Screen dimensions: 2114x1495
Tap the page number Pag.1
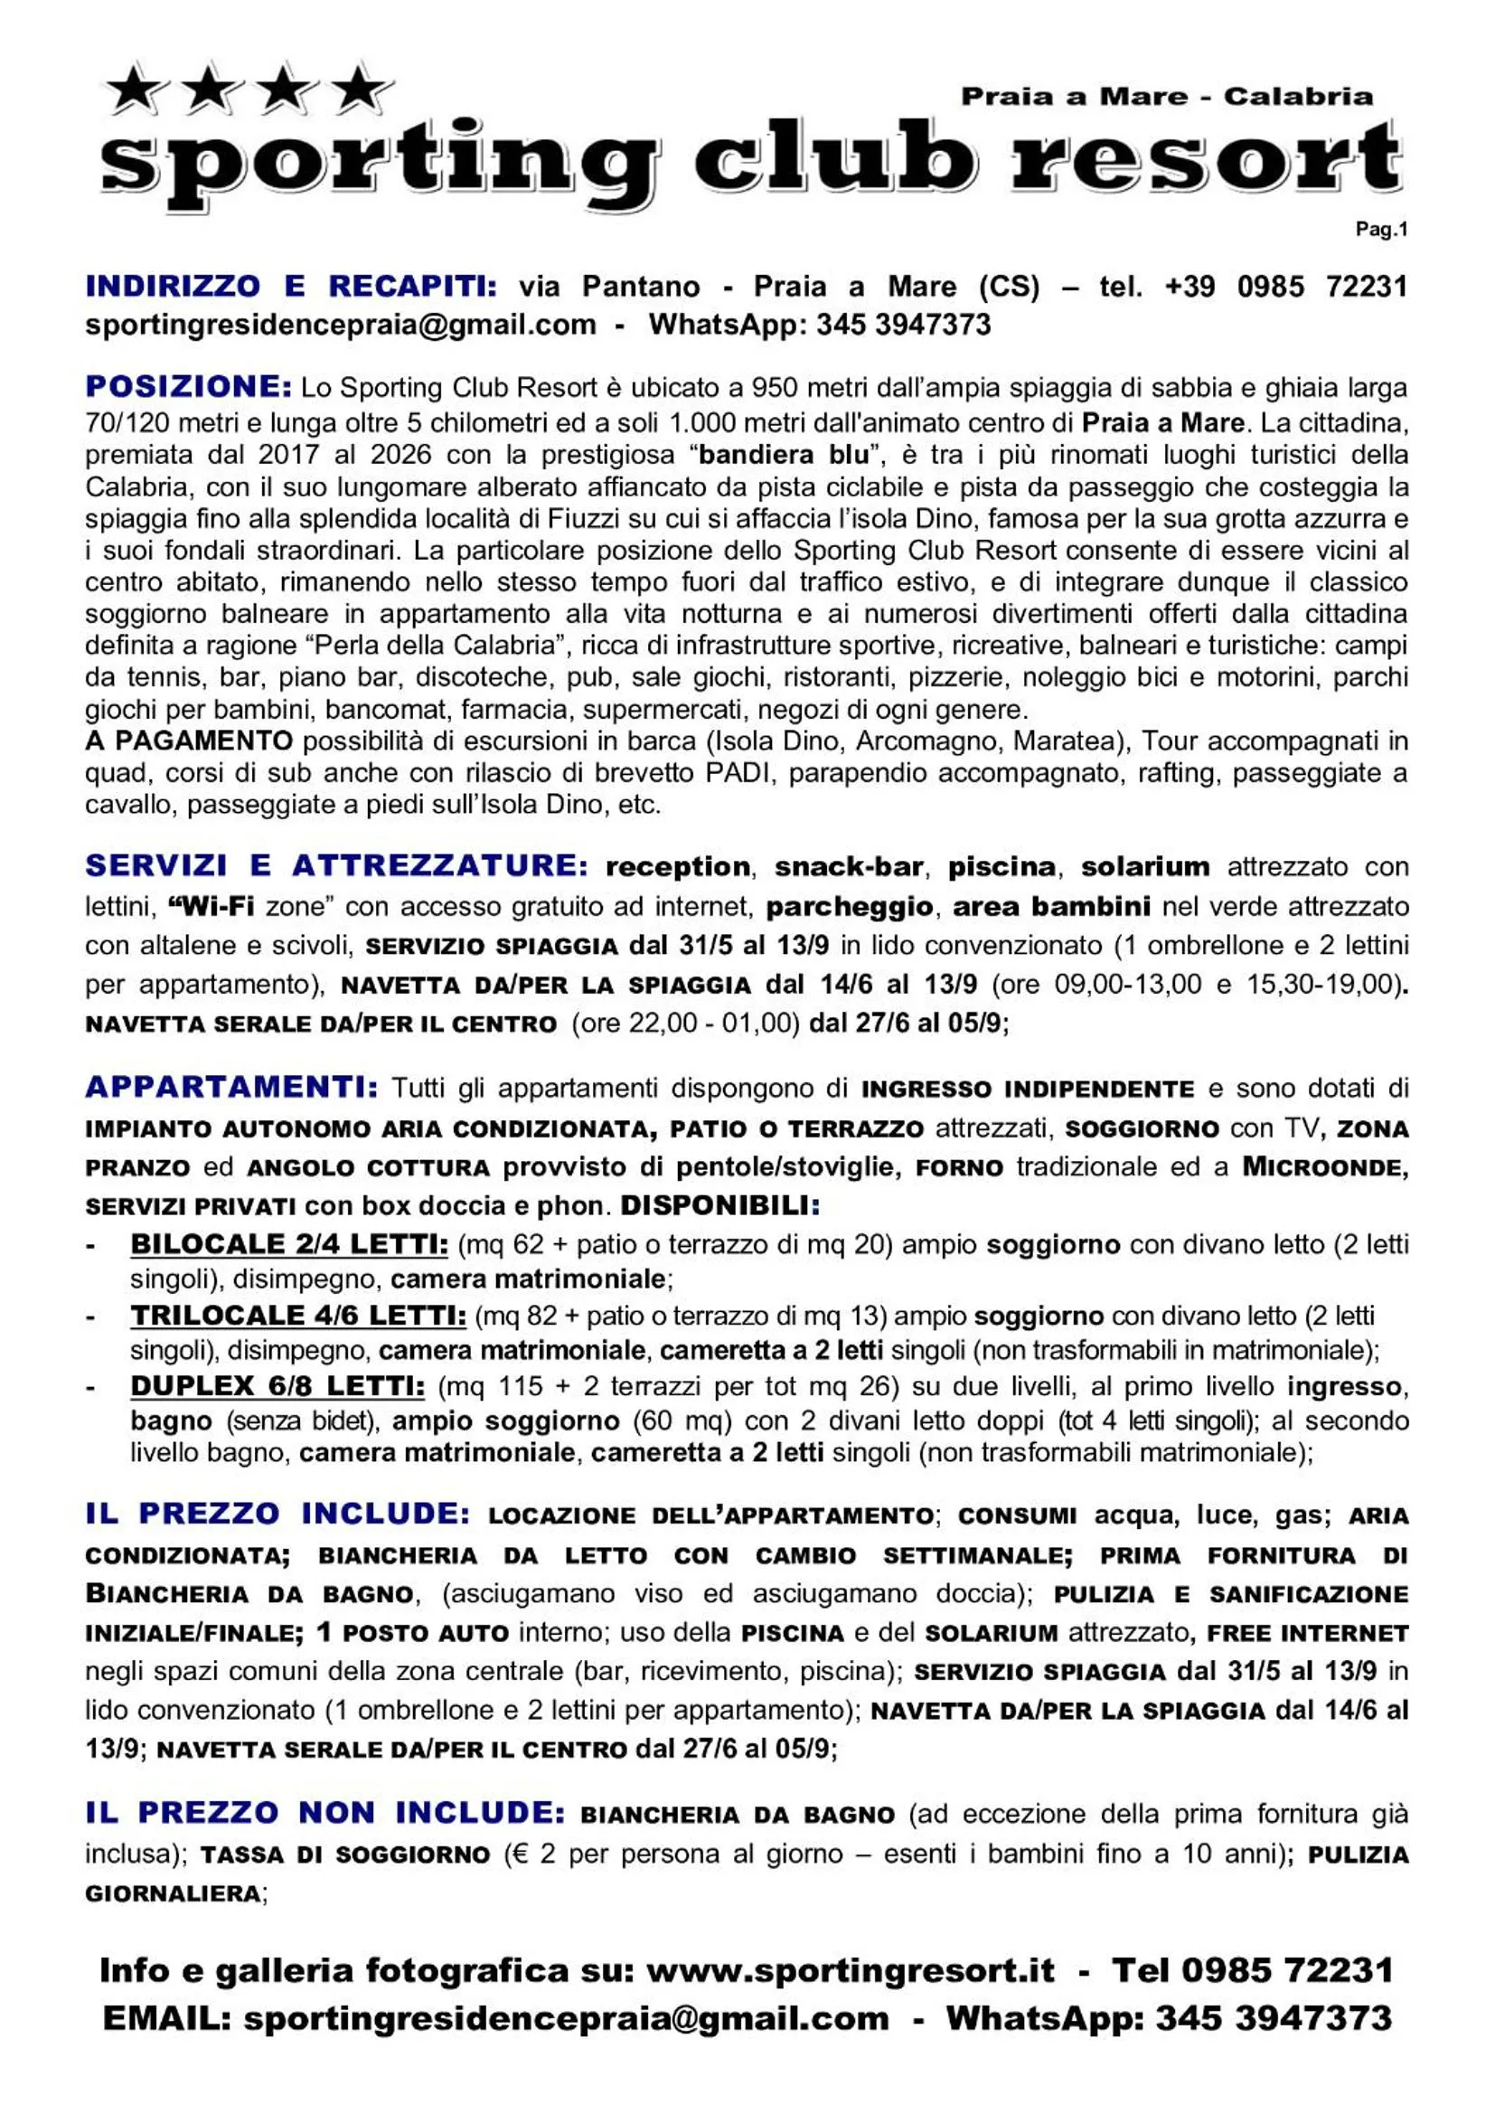(x=1381, y=230)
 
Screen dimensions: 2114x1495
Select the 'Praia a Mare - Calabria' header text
(x=1166, y=96)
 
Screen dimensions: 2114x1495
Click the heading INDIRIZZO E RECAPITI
(x=291, y=287)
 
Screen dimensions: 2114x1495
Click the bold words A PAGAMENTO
(x=189, y=741)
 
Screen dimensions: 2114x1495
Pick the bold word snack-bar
(x=848, y=866)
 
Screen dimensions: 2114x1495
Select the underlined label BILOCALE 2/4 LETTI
(x=289, y=1244)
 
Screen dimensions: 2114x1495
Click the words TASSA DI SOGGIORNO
(x=345, y=1880)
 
